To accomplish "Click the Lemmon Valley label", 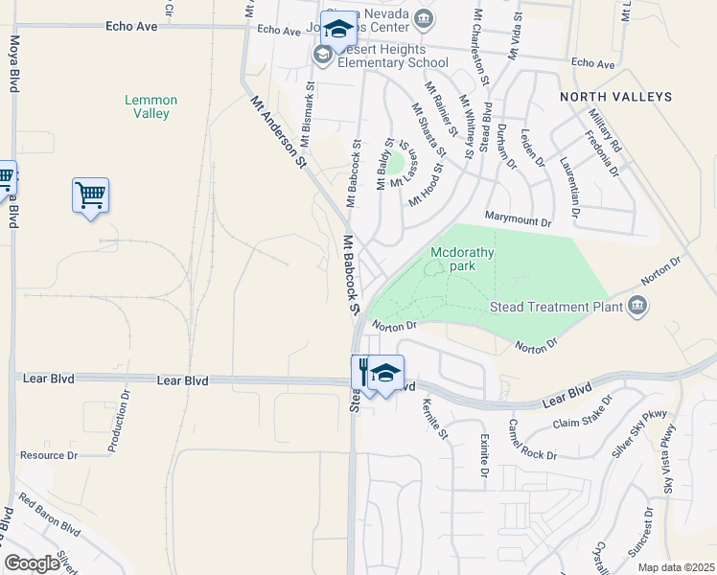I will point(147,106).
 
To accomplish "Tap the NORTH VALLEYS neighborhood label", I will point(615,97).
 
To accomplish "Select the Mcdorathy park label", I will point(462,259).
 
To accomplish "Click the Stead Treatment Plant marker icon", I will point(637,307).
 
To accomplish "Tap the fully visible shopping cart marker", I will point(90,195).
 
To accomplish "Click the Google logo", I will point(31,563).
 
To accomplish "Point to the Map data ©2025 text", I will point(675,567).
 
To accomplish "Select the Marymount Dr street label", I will point(519,221).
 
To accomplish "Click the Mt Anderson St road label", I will point(277,133).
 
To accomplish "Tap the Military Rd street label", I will point(606,130).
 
